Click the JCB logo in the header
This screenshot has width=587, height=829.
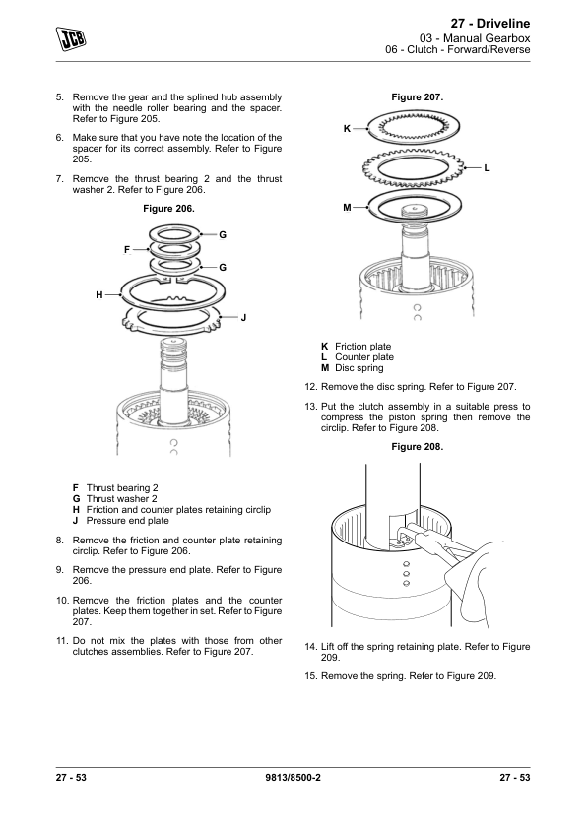pyautogui.click(x=71, y=39)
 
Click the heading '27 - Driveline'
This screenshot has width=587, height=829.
pyautogui.click(x=490, y=24)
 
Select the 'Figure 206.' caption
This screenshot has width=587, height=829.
pyautogui.click(x=168, y=209)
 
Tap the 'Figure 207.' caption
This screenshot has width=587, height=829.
pyautogui.click(x=418, y=97)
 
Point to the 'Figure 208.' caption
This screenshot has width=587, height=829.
pyautogui.click(x=418, y=447)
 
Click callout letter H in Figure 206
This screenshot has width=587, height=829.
pyautogui.click(x=99, y=295)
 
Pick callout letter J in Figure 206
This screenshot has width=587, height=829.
pyautogui.click(x=244, y=318)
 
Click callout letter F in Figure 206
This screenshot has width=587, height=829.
pyautogui.click(x=127, y=249)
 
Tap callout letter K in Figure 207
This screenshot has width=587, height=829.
pyautogui.click(x=347, y=128)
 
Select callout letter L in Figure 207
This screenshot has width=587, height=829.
pyautogui.click(x=488, y=168)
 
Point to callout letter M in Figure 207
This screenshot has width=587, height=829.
pyautogui.click(x=347, y=207)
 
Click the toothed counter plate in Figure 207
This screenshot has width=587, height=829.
pyautogui.click(x=413, y=168)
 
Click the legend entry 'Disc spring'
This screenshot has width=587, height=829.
pyautogui.click(x=359, y=368)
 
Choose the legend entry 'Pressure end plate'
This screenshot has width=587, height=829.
pyautogui.click(x=127, y=520)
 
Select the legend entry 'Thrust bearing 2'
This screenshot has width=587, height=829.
pyautogui.click(x=122, y=488)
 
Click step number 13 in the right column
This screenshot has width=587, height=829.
pyautogui.click(x=310, y=407)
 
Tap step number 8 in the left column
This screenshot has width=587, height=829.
pyautogui.click(x=60, y=541)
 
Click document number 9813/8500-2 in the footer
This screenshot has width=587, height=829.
pyautogui.click(x=293, y=777)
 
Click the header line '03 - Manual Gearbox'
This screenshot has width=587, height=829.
pyautogui.click(x=475, y=38)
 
